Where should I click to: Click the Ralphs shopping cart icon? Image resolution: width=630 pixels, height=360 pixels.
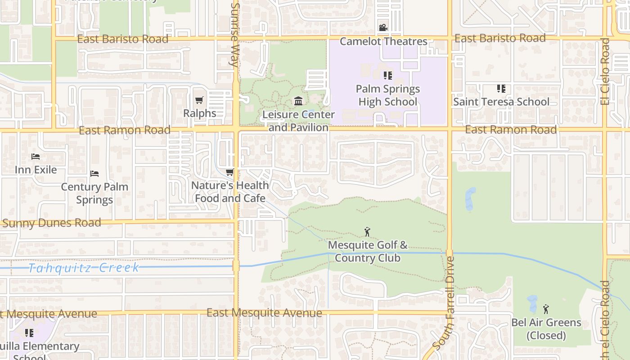[x=199, y=100]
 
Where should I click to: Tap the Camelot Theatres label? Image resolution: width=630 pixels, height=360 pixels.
[x=383, y=41]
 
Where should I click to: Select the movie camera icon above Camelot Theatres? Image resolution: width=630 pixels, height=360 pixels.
[x=383, y=28]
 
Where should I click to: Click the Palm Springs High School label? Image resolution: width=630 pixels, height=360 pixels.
[x=388, y=95]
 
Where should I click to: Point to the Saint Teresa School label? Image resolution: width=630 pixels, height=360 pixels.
[x=501, y=102]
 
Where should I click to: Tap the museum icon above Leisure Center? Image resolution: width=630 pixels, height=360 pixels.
[x=298, y=101]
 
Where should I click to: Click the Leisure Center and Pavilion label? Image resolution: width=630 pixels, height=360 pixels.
[x=298, y=121]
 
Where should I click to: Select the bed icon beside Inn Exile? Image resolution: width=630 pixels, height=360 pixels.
[x=36, y=157]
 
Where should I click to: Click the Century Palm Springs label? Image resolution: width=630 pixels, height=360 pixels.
[x=94, y=193]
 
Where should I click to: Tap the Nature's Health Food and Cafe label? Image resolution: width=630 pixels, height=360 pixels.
[x=230, y=192]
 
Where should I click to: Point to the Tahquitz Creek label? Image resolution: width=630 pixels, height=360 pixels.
[x=84, y=268]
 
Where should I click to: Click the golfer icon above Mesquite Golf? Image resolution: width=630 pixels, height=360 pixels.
[x=368, y=232]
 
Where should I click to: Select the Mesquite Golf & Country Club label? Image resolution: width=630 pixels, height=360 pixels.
[x=368, y=252]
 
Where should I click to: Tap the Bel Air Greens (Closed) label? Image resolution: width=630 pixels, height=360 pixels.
[x=546, y=329]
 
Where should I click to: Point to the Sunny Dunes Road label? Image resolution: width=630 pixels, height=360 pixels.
[x=51, y=223]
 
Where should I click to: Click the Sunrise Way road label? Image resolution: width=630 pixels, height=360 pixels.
[x=234, y=35]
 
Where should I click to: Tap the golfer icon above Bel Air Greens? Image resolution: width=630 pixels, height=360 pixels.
[x=546, y=309]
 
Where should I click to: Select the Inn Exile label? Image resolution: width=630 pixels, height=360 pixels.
[x=36, y=170]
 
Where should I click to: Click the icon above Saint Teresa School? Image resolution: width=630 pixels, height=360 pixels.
[x=501, y=89]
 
